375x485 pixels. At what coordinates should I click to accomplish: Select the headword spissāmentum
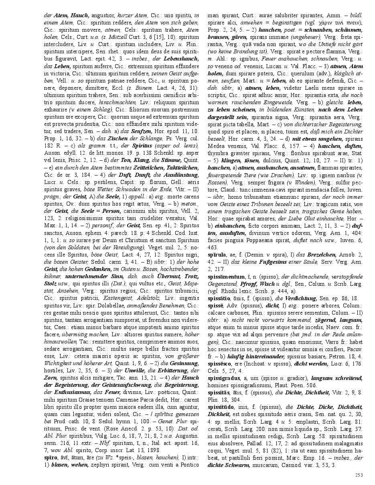(226, 277)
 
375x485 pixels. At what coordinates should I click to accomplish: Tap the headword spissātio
(219, 299)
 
